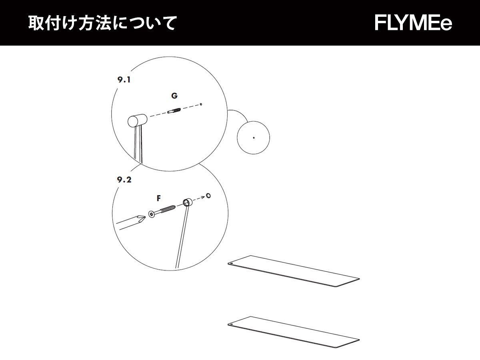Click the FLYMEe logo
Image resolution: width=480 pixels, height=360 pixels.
click(x=413, y=23)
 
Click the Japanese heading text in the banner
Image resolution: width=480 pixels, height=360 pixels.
click(x=102, y=23)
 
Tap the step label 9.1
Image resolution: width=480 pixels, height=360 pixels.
click(x=124, y=80)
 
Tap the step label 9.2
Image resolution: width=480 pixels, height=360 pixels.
click(x=124, y=180)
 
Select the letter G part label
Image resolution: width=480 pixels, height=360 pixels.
click(x=174, y=96)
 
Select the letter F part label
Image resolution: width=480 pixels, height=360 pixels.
click(x=159, y=198)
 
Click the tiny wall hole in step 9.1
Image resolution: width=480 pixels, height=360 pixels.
click(x=201, y=104)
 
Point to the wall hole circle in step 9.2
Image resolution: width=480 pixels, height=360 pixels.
click(x=208, y=196)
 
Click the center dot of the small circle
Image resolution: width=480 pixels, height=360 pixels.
click(x=254, y=138)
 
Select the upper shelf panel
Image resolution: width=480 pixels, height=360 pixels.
click(x=294, y=271)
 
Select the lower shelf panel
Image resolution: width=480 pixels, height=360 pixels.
click(x=294, y=331)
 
